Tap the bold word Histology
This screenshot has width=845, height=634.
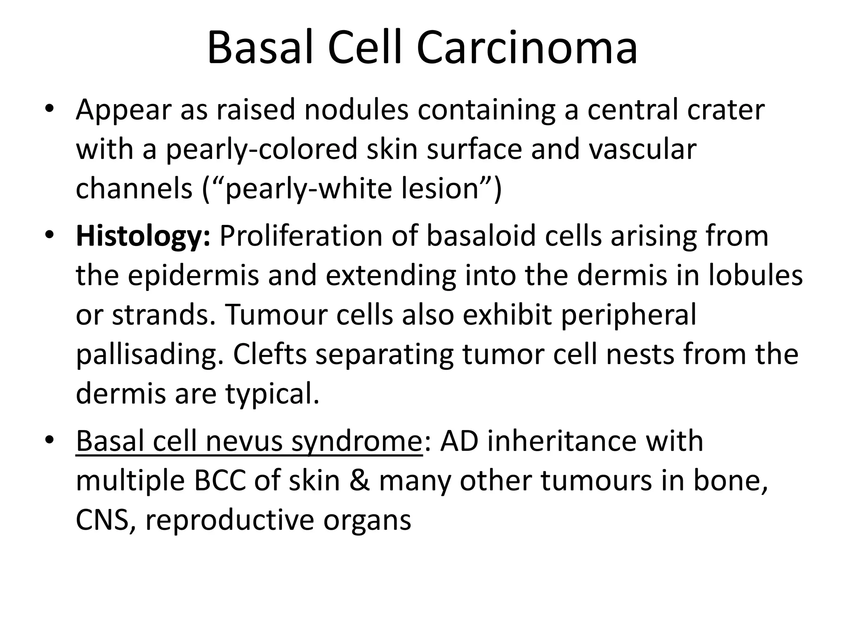[143, 237]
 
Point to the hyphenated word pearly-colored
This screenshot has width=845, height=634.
[261, 149]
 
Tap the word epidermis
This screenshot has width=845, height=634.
[193, 276]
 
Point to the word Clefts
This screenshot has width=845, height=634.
[270, 354]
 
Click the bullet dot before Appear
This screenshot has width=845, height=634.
[50, 109]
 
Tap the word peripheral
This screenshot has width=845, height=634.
[628, 315]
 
